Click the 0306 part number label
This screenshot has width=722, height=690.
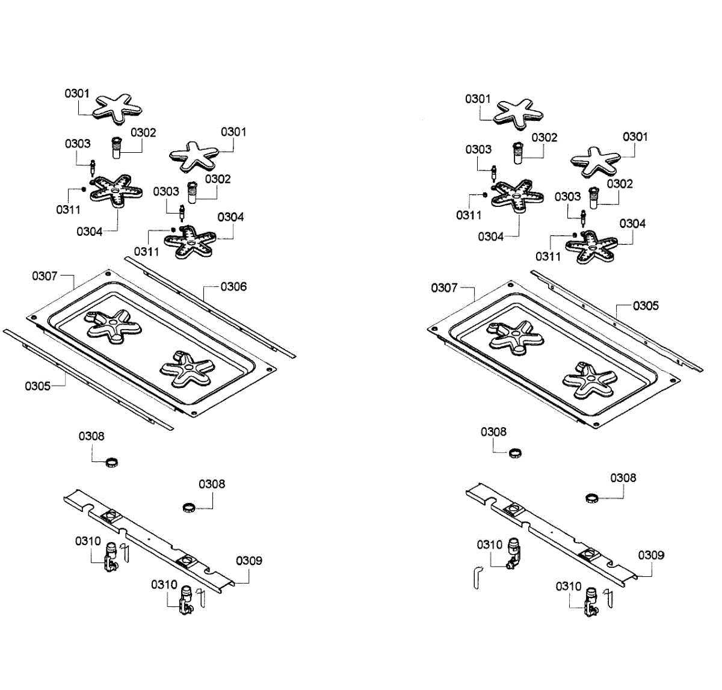233,286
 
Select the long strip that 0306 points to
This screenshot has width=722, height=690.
211,306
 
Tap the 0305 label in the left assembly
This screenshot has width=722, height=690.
37,386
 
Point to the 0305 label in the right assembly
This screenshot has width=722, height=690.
646,306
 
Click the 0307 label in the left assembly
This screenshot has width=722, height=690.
45,276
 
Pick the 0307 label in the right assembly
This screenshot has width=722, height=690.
444,288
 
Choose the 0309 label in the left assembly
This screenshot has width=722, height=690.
248,561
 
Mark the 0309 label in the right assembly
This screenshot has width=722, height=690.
651,555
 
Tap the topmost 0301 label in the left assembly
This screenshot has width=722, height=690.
77,93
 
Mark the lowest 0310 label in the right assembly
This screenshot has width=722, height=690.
569,586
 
